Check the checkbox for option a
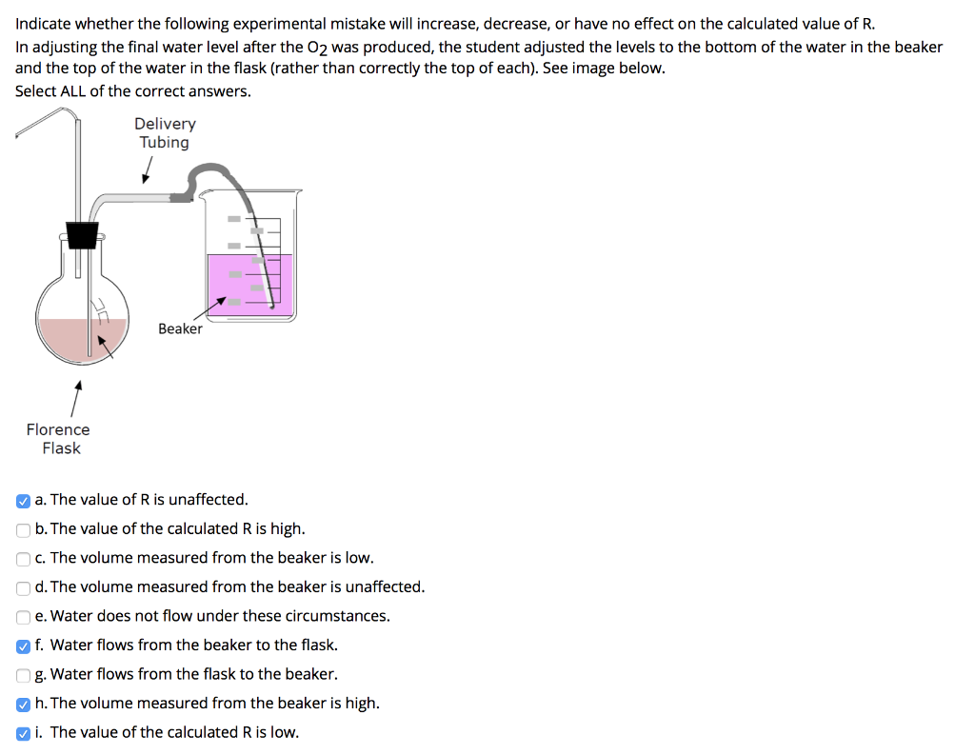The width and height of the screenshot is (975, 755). point(23,500)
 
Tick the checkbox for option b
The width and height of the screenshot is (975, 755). point(23,529)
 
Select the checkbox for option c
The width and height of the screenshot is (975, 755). point(23,558)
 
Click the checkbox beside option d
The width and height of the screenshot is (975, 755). point(23,587)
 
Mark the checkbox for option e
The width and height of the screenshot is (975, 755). point(23,616)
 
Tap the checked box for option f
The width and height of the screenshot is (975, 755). point(23,646)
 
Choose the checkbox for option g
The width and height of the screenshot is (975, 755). point(23,675)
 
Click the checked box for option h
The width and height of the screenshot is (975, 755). point(23,704)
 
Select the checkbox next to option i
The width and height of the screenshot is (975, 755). point(23,733)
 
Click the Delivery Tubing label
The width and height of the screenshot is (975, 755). point(165,133)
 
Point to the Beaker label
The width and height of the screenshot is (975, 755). point(180,328)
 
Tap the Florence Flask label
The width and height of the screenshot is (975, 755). point(59,439)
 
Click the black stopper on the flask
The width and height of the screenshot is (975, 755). point(83,234)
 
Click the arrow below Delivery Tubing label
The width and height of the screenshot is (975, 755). point(147,170)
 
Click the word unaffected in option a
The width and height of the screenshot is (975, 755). point(208,500)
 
